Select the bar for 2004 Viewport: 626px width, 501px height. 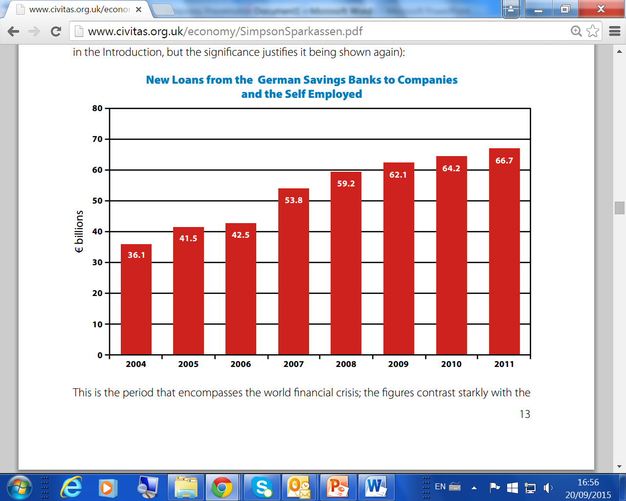pyautogui.click(x=136, y=299)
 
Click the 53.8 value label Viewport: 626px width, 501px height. pyautogui.click(x=293, y=200)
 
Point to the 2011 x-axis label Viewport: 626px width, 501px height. pyautogui.click(x=504, y=364)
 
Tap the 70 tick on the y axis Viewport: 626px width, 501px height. pyautogui.click(x=98, y=139)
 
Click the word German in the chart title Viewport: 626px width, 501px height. pyautogui.click(x=278, y=80)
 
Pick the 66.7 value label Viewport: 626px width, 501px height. pyautogui.click(x=504, y=160)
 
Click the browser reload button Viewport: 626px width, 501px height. pyautogui.click(x=56, y=32)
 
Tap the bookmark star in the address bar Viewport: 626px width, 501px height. pyautogui.click(x=593, y=31)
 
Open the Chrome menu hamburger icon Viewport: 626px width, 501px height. pyautogui.click(x=615, y=31)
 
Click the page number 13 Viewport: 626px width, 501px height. pyautogui.click(x=524, y=414)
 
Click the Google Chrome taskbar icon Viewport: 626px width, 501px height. pyautogui.click(x=222, y=487)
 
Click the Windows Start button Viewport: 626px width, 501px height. pyautogui.click(x=20, y=487)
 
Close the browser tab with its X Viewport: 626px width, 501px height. pyautogui.click(x=138, y=9)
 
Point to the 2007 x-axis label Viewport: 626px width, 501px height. pyautogui.click(x=293, y=364)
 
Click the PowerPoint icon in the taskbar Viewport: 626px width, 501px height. pyautogui.click(x=337, y=487)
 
